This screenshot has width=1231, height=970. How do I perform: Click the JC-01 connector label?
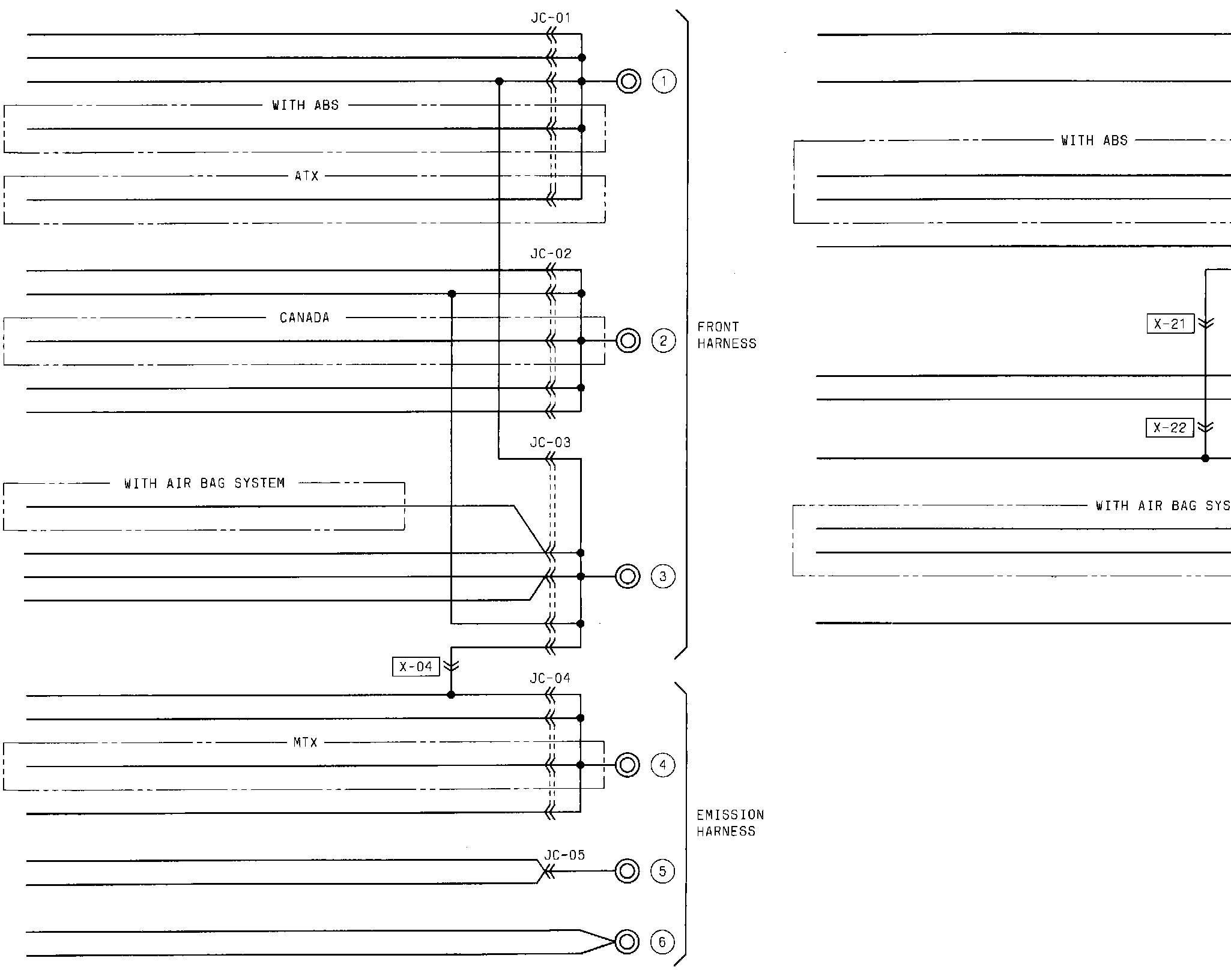551,18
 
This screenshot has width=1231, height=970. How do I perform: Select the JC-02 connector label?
551,254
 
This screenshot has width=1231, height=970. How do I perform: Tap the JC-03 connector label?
550,442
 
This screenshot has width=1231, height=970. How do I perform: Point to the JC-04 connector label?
550,678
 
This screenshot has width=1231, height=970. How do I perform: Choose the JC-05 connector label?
564,855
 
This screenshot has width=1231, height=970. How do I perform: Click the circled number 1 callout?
664,81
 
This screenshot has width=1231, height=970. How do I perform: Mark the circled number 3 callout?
663,577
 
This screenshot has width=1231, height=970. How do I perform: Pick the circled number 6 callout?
662,942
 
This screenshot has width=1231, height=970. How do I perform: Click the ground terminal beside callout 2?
628,341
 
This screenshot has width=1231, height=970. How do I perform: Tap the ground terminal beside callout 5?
628,871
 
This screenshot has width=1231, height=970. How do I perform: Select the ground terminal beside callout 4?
628,765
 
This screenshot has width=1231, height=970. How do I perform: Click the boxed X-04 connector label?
416,666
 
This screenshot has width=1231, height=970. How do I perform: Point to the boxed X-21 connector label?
1170,324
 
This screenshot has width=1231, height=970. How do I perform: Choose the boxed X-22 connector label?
1170,428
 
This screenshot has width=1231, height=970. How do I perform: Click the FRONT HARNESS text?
727,335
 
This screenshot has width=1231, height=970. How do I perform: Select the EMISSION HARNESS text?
730,823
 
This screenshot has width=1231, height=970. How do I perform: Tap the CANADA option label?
304,318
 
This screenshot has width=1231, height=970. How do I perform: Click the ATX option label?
307,176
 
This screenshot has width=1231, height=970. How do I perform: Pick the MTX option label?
305,743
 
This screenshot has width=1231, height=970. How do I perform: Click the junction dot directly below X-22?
1205,459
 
